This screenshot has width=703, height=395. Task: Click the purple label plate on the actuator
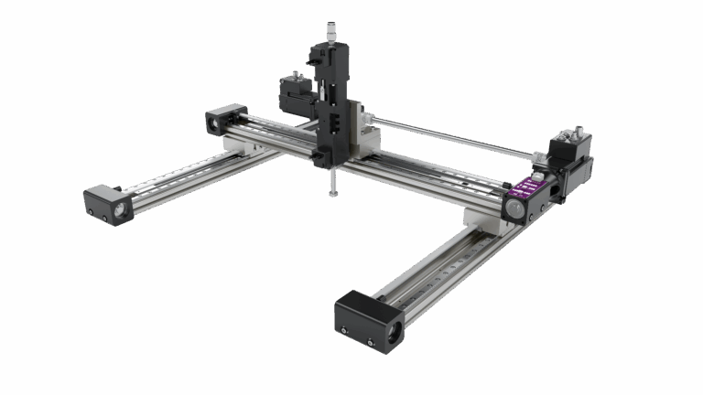tap(528, 188)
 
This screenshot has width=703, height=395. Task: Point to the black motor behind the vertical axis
tap(295, 91)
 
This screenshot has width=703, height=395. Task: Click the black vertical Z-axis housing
tap(329, 101)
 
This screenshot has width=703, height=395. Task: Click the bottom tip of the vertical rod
tap(333, 195)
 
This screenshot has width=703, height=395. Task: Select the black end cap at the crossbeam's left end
tap(225, 121)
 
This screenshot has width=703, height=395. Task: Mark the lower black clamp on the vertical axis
tap(320, 159)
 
